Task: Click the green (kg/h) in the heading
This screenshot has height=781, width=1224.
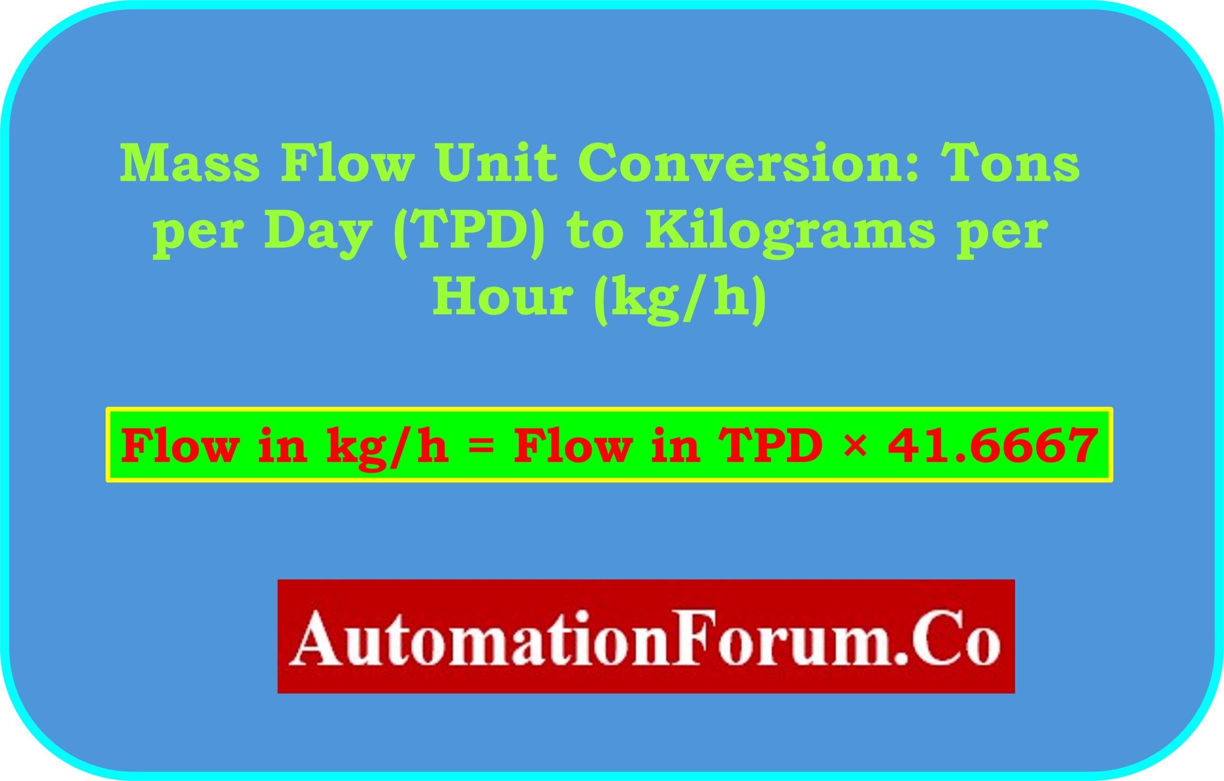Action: tap(680, 299)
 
